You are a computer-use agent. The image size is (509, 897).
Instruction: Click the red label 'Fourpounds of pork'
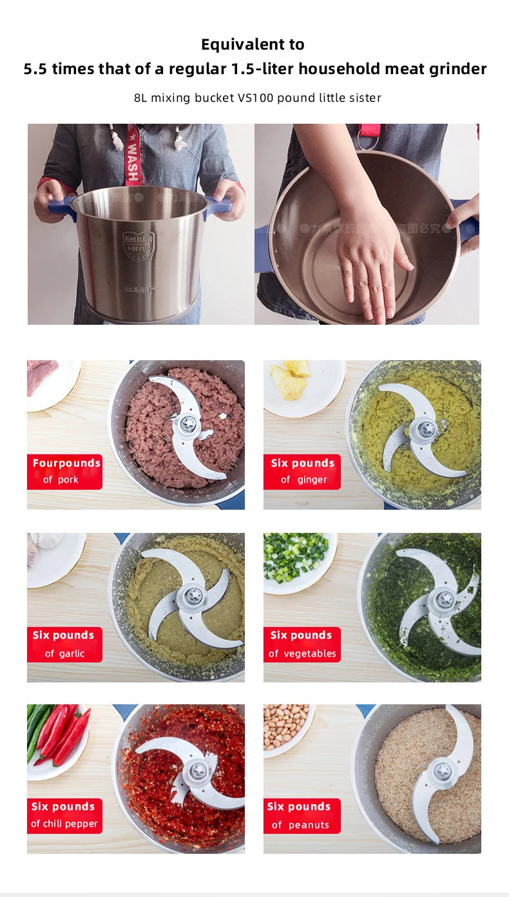pyautogui.click(x=64, y=472)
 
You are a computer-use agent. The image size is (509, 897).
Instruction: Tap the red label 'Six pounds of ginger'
pyautogui.click(x=302, y=472)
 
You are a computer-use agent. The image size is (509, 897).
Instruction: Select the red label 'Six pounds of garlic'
pyautogui.click(x=64, y=644)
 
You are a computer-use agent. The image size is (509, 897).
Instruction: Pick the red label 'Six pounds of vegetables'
pyautogui.click(x=302, y=644)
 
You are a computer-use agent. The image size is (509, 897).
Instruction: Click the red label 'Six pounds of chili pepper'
pyautogui.click(x=64, y=815)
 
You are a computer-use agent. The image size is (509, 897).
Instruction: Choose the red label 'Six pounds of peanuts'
pyautogui.click(x=302, y=815)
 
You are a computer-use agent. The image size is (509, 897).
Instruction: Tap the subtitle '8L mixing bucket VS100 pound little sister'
pyautogui.click(x=257, y=98)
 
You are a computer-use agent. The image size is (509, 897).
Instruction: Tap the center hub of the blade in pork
pyautogui.click(x=187, y=424)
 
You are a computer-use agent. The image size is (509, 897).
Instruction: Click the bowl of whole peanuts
pyautogui.click(x=287, y=726)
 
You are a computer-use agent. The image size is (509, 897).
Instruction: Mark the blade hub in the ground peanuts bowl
pyautogui.click(x=443, y=771)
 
